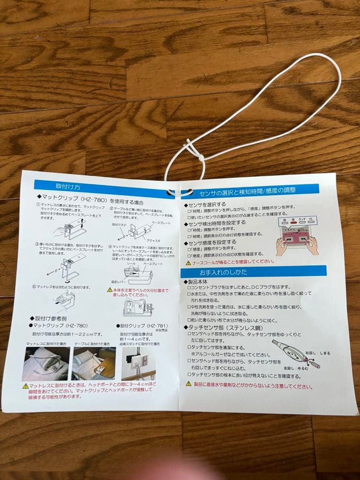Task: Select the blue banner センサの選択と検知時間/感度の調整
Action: pyautogui.click(x=248, y=191)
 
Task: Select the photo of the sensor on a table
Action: pyautogui.click(x=94, y=363)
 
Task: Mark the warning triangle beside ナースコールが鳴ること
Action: pyautogui.click(x=188, y=263)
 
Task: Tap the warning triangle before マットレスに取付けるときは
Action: pyautogui.click(x=26, y=385)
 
